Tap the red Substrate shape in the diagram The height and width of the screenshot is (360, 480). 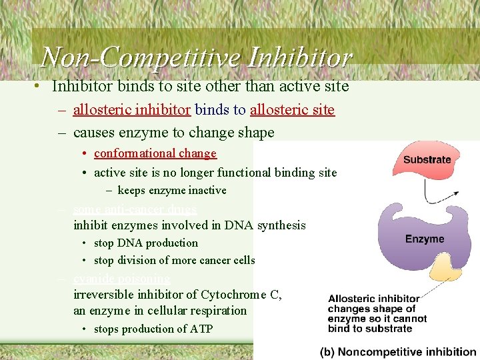(x=427, y=161)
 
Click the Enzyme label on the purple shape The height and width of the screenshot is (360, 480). (x=424, y=239)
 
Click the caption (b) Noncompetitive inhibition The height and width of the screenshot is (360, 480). (x=399, y=351)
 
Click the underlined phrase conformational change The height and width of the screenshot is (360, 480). (x=155, y=153)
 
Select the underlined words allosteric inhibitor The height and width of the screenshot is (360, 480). (x=132, y=110)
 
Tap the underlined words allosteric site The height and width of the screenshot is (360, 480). (x=292, y=110)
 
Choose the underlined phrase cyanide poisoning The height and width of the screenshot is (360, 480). (x=121, y=279)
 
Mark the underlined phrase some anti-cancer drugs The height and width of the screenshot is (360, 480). (x=135, y=209)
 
